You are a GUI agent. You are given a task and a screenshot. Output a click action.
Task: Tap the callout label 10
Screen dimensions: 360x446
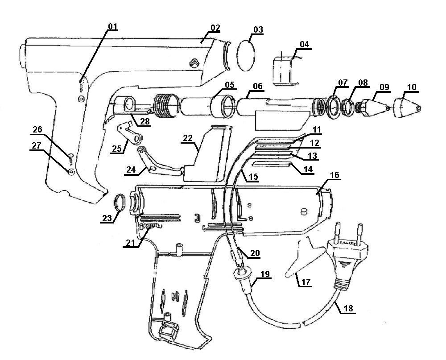(412, 87)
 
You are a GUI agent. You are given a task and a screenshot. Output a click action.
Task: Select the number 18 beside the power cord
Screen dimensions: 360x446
(349, 307)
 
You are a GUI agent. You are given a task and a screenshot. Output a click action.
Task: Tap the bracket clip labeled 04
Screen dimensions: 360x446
(285, 70)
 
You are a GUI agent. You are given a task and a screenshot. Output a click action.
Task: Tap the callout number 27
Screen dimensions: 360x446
(37, 145)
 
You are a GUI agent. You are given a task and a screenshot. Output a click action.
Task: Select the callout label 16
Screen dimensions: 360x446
(335, 175)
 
